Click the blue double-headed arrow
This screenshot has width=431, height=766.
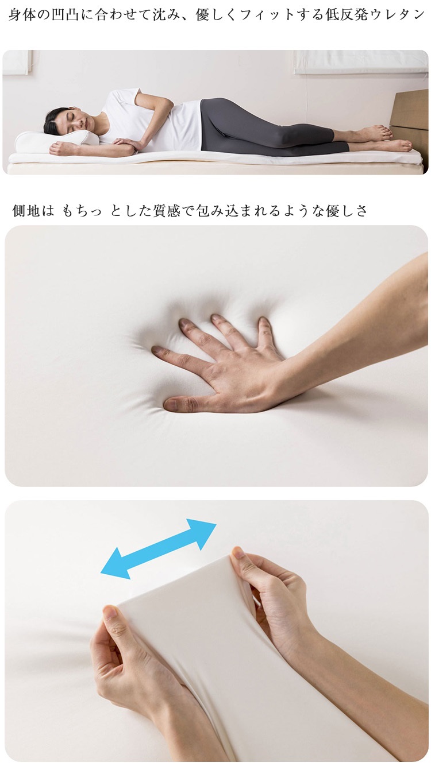click(x=159, y=548)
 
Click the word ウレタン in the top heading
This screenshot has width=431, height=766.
click(x=400, y=15)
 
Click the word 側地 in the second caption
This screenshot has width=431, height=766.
click(x=26, y=211)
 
